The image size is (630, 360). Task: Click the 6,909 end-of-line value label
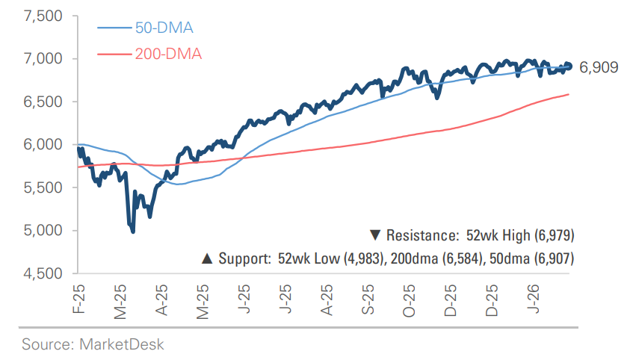[599, 68]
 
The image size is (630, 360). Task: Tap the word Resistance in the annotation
[421, 236]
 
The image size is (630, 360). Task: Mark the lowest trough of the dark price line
[133, 232]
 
